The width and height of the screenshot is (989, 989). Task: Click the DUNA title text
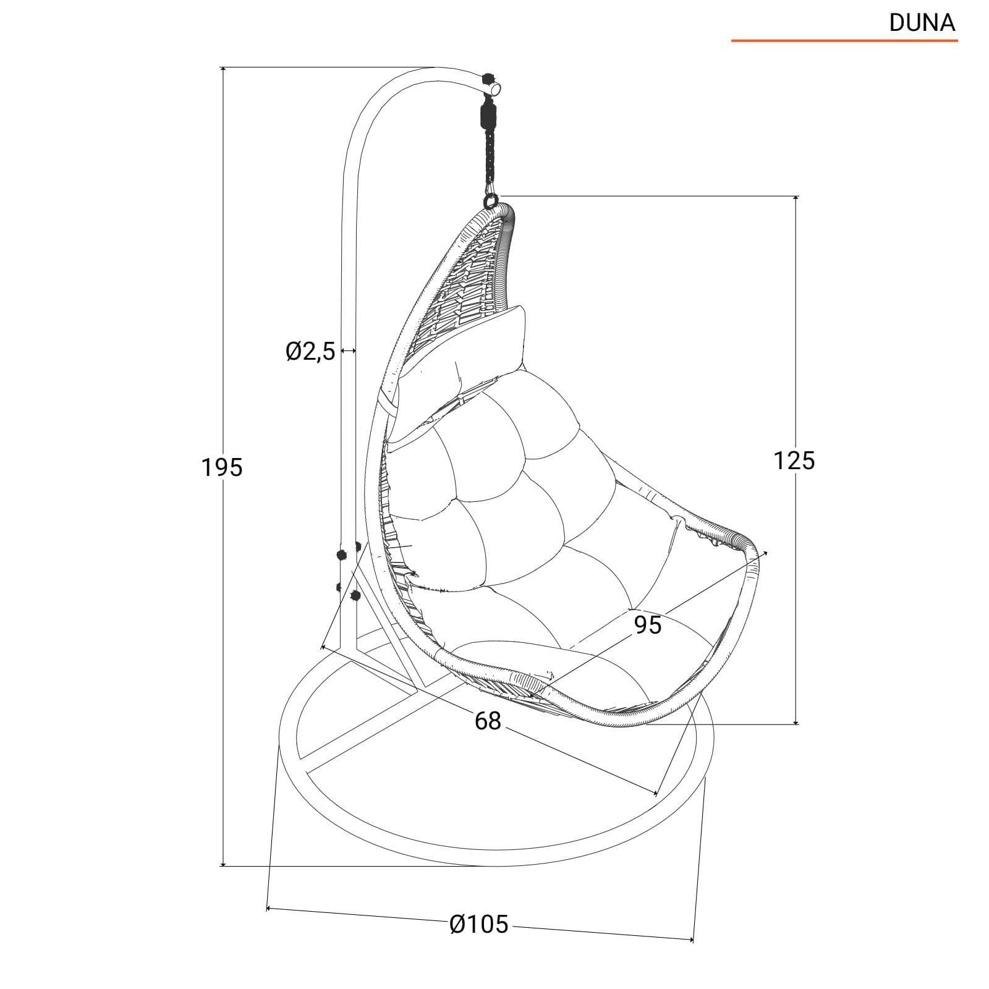(922, 23)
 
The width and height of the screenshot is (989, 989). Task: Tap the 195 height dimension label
(222, 468)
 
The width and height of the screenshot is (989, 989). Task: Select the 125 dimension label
(794, 461)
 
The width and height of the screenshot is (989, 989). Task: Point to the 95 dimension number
(648, 626)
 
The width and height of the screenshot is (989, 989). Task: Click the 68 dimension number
(488, 720)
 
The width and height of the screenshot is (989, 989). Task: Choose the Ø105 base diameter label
(479, 924)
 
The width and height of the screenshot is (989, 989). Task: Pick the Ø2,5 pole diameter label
(310, 351)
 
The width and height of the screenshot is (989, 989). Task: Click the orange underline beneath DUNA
(844, 41)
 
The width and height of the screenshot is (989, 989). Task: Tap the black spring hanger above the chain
(488, 117)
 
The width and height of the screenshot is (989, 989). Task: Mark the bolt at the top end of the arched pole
(488, 79)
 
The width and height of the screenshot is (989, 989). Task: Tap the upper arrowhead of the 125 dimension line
(796, 199)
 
